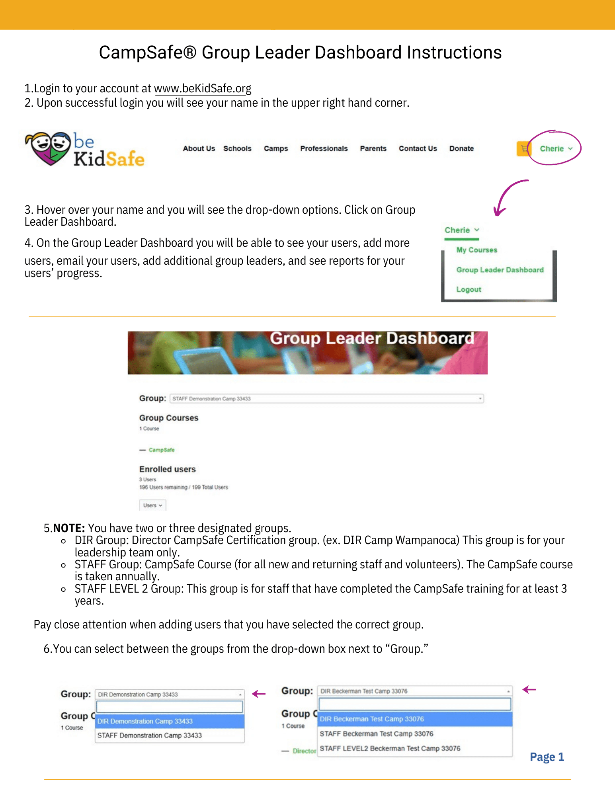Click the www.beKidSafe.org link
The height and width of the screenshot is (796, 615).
pyautogui.click(x=203, y=88)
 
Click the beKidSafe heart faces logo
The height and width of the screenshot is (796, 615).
pyautogui.click(x=48, y=148)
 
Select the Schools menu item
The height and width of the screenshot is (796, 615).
pyautogui.click(x=237, y=148)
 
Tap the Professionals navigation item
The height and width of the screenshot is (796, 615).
pyautogui.click(x=324, y=148)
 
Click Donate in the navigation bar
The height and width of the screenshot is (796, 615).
pyautogui.click(x=461, y=148)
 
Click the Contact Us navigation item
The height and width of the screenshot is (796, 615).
pyautogui.click(x=418, y=148)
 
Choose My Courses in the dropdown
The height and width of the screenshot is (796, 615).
pyautogui.click(x=476, y=250)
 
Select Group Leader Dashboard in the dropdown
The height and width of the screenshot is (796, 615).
pyautogui.click(x=500, y=270)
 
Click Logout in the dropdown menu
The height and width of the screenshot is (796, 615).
pyautogui.click(x=469, y=289)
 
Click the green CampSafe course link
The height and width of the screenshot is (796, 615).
pyautogui.click(x=162, y=450)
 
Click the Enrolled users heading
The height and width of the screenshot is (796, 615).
pyautogui.click(x=167, y=469)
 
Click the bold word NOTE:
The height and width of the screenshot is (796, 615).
pyautogui.click(x=69, y=528)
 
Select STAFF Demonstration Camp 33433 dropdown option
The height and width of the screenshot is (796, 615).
pyautogui.click(x=149, y=736)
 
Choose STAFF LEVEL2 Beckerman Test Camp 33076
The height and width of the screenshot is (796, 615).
pyautogui.click(x=390, y=748)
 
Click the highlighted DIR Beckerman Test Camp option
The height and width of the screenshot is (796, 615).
pyautogui.click(x=372, y=719)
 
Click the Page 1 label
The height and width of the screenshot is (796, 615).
pyautogui.click(x=547, y=757)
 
